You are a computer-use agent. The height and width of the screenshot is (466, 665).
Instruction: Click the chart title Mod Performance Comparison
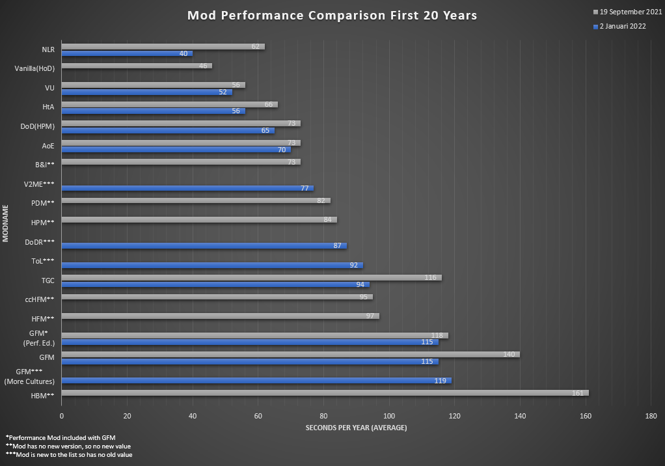[x=332, y=16]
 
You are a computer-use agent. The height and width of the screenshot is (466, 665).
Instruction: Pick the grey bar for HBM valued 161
[x=325, y=392]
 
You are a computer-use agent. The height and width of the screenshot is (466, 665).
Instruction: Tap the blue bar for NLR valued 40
[x=127, y=53]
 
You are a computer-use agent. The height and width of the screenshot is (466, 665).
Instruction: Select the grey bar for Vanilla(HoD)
[x=137, y=66]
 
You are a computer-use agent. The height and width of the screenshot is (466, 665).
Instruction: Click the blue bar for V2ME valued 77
[x=187, y=188]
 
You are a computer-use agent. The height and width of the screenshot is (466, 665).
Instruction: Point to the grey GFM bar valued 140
[x=290, y=354]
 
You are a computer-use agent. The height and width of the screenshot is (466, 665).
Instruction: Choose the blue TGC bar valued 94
[x=215, y=284]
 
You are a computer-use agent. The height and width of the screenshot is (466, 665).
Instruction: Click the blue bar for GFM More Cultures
[x=256, y=381]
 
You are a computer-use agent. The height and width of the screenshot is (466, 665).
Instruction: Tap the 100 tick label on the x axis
[x=389, y=416]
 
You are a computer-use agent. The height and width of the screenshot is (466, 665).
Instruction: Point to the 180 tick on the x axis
[x=651, y=416]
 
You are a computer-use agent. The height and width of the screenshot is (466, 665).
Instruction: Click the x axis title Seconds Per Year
[x=356, y=428]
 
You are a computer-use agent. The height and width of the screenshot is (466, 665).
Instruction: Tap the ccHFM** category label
[x=40, y=299]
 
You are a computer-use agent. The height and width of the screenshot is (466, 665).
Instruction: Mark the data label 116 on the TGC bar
[x=430, y=277]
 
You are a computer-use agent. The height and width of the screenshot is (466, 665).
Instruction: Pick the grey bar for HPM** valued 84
[x=199, y=220]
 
